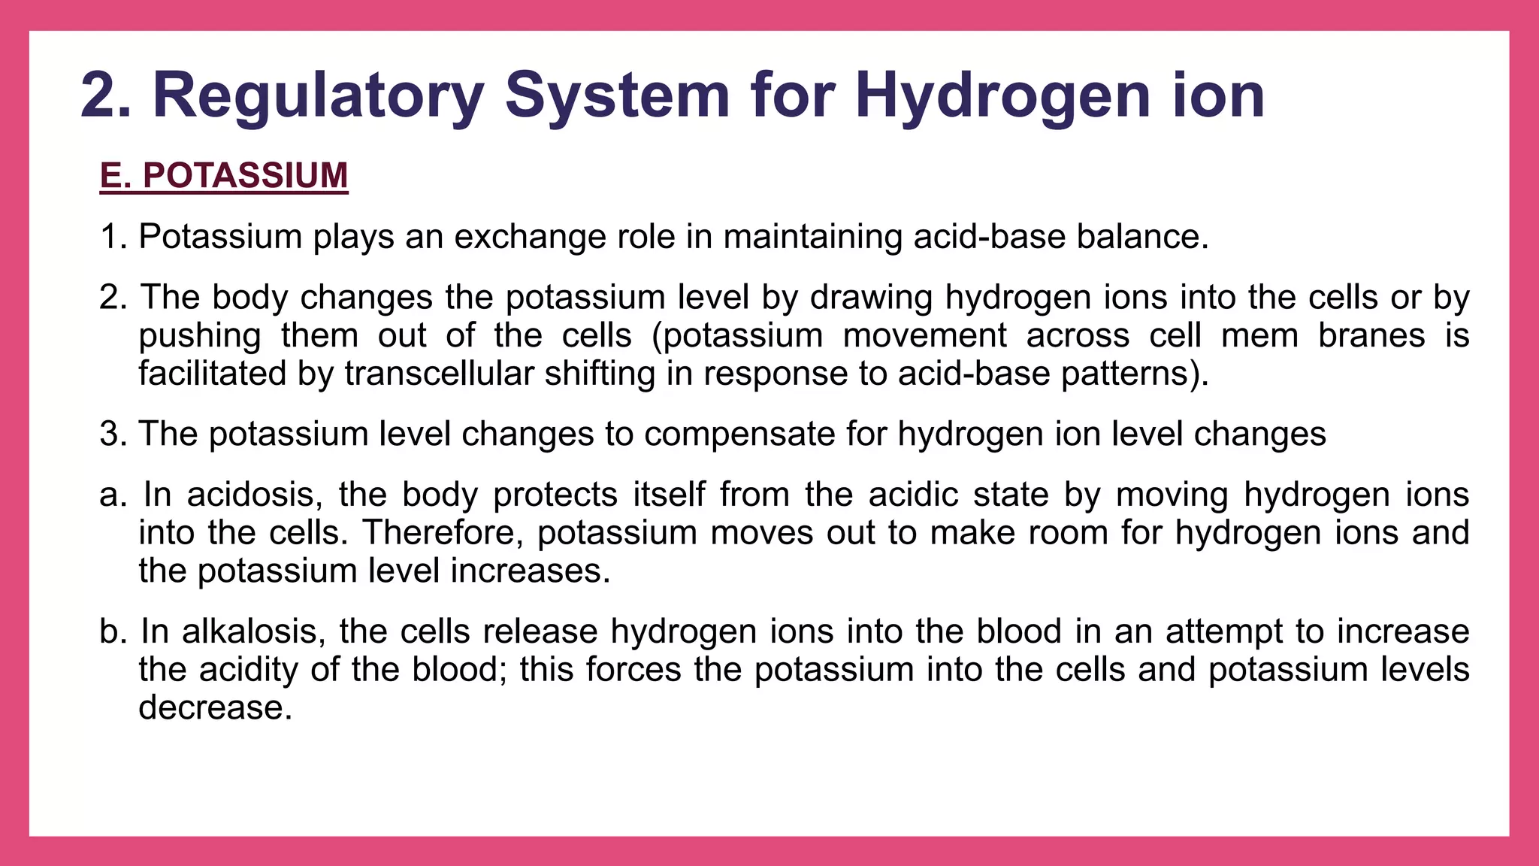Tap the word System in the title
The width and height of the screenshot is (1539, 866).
pyautogui.click(x=617, y=95)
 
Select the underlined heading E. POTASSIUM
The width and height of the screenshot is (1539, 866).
pyautogui.click(x=224, y=176)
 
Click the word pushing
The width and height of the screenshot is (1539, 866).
pyautogui.click(x=200, y=336)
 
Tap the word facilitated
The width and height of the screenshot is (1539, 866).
pyautogui.click(x=212, y=374)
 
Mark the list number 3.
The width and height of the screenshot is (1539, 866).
pyautogui.click(x=110, y=435)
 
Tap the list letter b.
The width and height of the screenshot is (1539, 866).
pyautogui.click(x=110, y=631)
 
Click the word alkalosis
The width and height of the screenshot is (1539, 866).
pyautogui.click(x=253, y=631)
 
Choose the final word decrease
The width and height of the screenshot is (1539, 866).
pyautogui.click(x=214, y=708)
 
